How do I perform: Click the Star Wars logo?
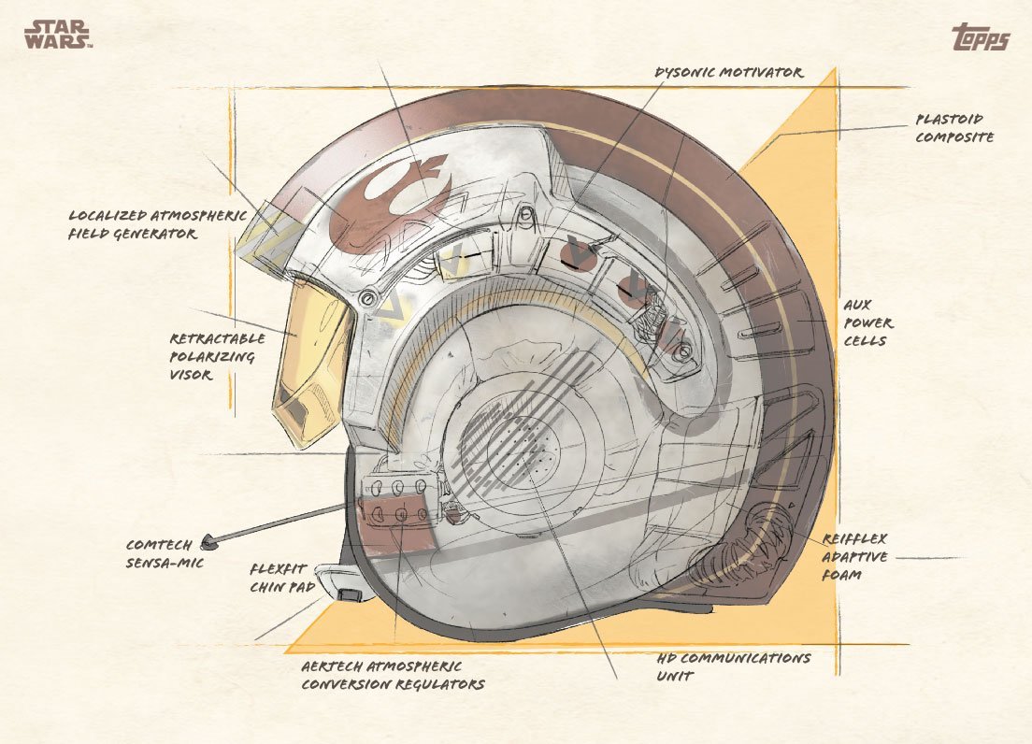pyautogui.click(x=57, y=35)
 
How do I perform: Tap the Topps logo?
pyautogui.click(x=980, y=36)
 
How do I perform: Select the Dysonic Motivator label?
pyautogui.click(x=728, y=72)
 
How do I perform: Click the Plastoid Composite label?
pyautogui.click(x=954, y=128)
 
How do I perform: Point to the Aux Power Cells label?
pyautogui.click(x=868, y=323)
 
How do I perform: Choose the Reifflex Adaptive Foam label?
pyautogui.click(x=854, y=556)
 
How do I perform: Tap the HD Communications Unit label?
pyautogui.click(x=733, y=666)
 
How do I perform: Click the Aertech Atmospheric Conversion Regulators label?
pyautogui.click(x=393, y=676)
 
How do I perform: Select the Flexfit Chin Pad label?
pyautogui.click(x=282, y=578)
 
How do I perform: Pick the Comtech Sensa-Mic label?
pyautogui.click(x=165, y=554)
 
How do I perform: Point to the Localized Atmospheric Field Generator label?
pyautogui.click(x=158, y=224)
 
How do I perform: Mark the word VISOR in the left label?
pyautogui.click(x=191, y=375)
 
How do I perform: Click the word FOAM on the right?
pyautogui.click(x=842, y=575)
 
